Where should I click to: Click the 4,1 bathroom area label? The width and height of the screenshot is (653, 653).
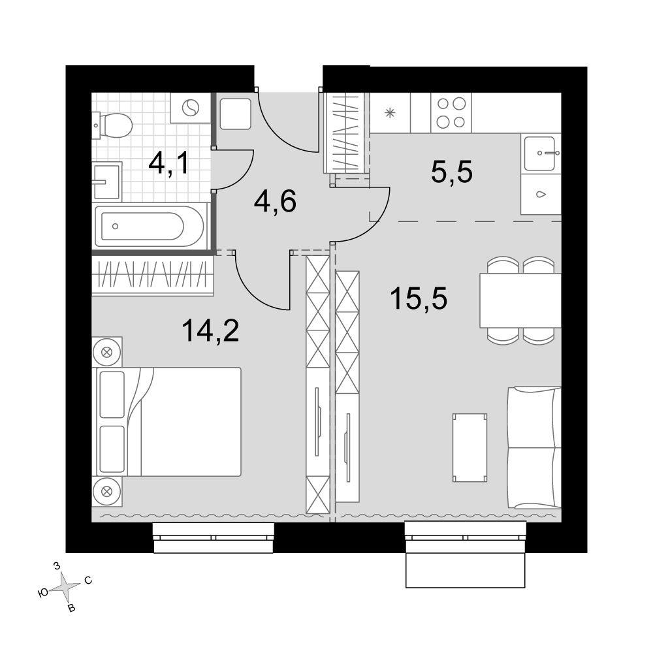click(168, 163)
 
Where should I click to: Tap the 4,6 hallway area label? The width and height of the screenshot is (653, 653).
click(275, 201)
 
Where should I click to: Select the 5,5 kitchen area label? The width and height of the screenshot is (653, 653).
click(452, 172)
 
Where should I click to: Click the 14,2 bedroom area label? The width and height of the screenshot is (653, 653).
click(210, 330)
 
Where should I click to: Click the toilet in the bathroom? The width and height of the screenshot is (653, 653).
click(112, 125)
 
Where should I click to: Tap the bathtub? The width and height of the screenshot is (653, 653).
click(150, 227)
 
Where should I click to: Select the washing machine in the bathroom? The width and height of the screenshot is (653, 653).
click(191, 108)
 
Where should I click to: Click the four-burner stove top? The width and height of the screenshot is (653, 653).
click(451, 113)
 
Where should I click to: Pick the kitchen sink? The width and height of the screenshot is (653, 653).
click(540, 153)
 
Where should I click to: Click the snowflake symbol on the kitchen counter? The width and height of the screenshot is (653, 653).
click(390, 112)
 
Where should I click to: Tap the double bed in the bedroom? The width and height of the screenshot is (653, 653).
click(169, 421)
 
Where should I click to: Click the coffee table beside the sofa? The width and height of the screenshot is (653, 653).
click(470, 448)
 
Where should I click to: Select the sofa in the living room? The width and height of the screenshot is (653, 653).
click(534, 448)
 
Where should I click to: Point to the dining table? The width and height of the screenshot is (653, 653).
click(520, 300)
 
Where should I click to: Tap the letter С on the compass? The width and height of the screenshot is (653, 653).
click(88, 580)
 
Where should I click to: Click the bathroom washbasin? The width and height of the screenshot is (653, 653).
click(107, 182)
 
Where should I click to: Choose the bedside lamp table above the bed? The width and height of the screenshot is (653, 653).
click(107, 353)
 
